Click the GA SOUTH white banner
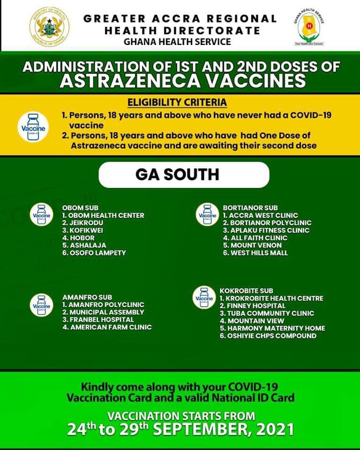(x=183, y=175)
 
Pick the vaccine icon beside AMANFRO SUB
(x=41, y=305)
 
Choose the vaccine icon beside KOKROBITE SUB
(x=204, y=298)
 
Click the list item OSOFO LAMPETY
(x=94, y=253)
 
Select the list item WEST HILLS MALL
(x=255, y=253)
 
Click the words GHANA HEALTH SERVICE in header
(x=177, y=42)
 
